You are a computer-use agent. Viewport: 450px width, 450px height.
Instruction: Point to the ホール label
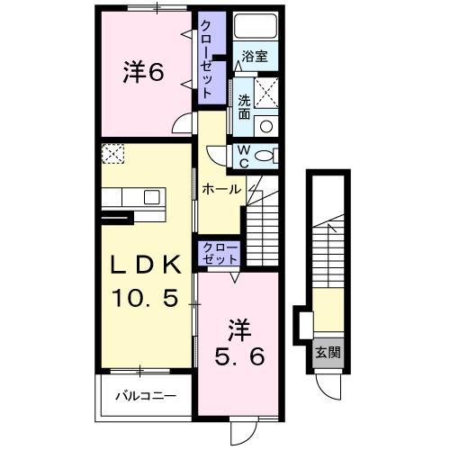pos(220,189)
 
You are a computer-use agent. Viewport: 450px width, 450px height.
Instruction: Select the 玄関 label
pos(326,352)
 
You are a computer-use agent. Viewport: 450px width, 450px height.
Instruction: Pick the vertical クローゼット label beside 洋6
pos(207,58)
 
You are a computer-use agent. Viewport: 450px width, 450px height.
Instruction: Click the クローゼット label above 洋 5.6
pos(219,253)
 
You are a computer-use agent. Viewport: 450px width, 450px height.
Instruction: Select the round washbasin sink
pos(266,126)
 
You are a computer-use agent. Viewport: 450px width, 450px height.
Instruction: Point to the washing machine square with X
pos(266,92)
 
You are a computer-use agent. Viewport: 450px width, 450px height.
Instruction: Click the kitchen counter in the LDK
pos(131,197)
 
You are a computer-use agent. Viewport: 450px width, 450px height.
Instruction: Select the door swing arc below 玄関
pos(332,387)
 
